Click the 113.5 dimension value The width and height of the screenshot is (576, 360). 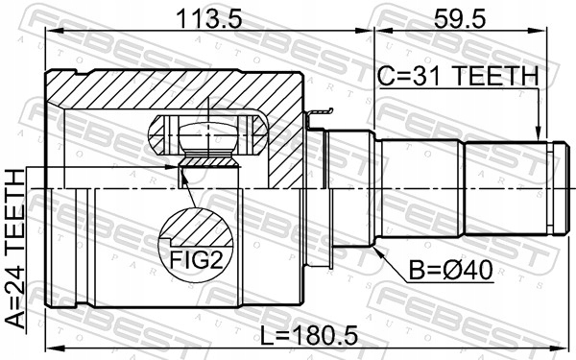209,19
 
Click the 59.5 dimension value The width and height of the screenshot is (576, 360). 460,19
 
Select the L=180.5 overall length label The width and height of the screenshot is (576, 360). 308,336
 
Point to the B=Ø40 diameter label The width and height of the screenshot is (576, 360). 451,271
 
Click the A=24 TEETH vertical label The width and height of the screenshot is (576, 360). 15,249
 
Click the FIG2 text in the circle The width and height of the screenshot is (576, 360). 196,260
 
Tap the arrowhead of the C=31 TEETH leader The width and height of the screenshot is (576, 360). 539,134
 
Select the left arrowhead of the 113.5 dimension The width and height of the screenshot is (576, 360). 52,32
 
